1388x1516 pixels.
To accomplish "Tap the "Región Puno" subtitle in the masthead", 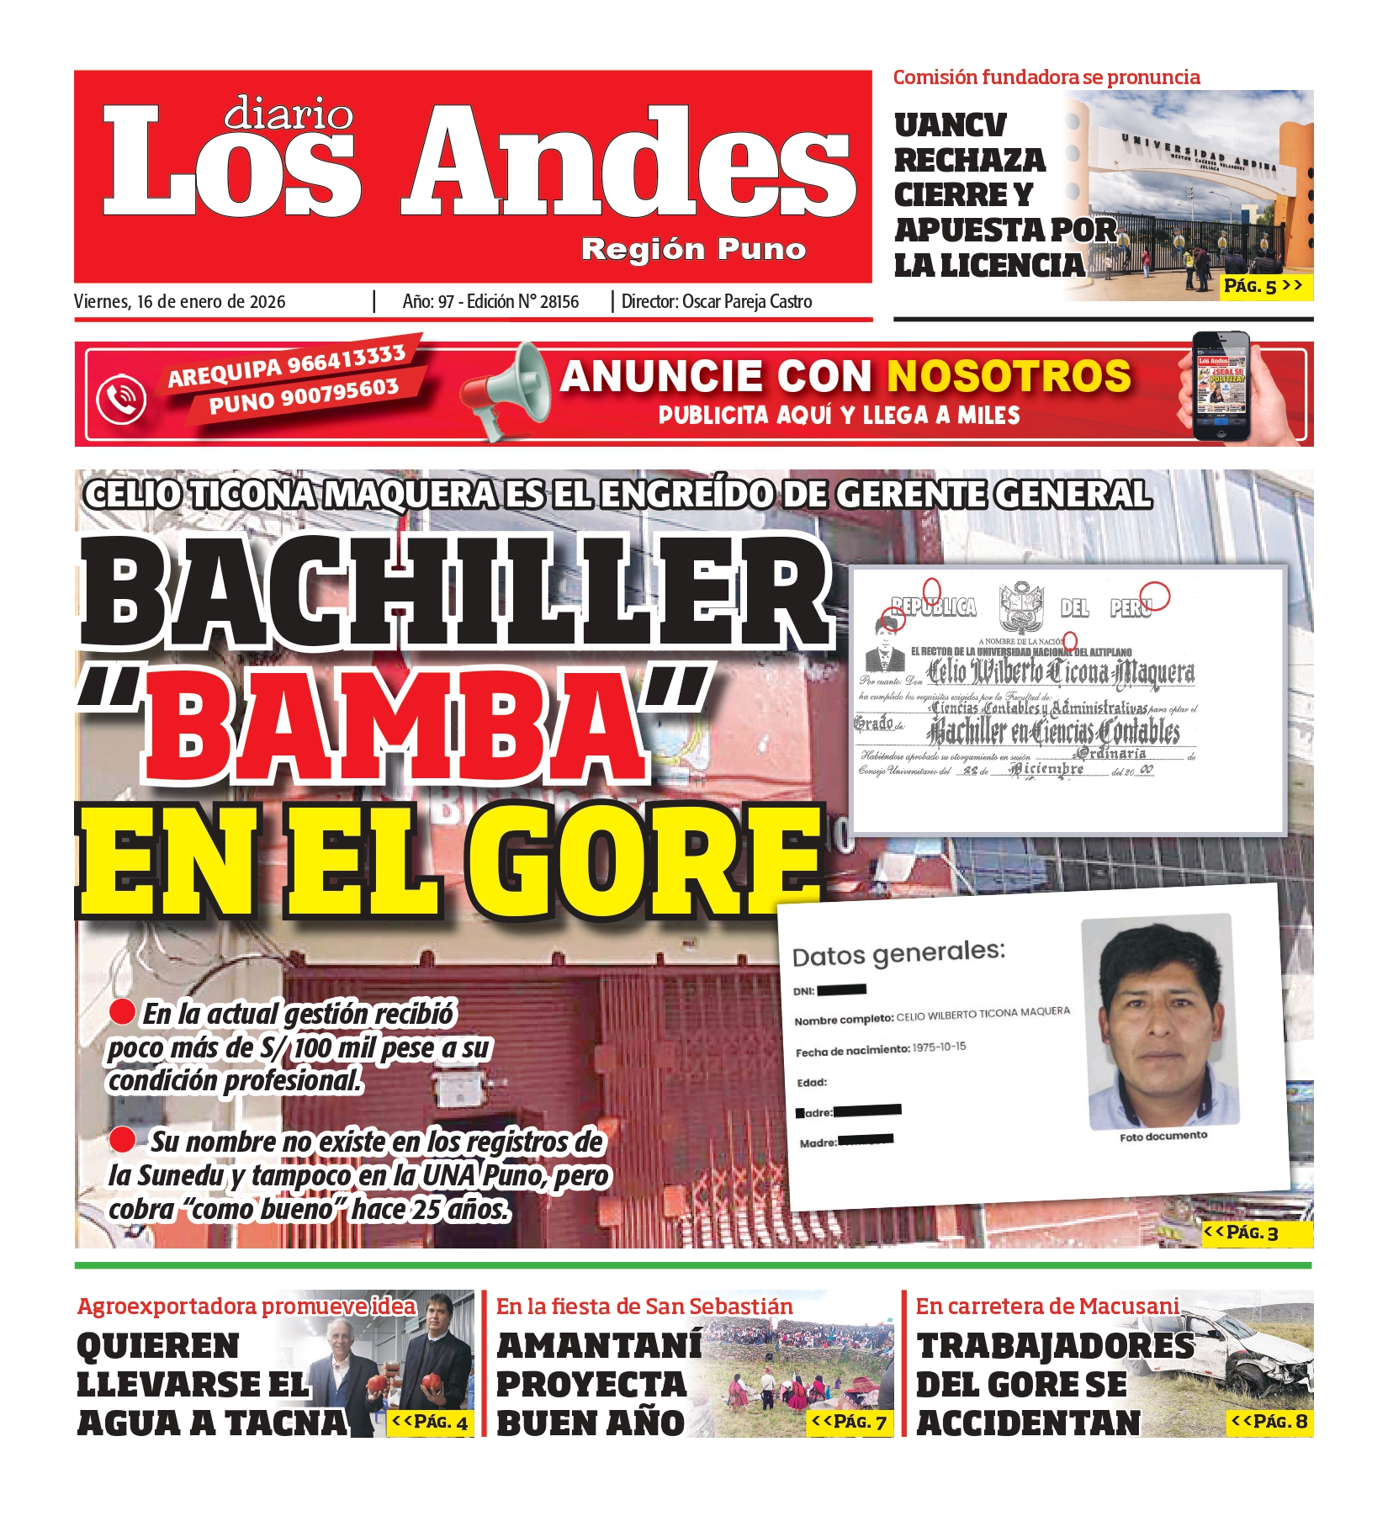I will (x=693, y=250).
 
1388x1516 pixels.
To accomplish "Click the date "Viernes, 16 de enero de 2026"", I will (x=179, y=302).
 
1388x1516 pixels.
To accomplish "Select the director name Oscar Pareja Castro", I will (x=747, y=302).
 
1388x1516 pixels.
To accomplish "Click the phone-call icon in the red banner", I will (x=121, y=397).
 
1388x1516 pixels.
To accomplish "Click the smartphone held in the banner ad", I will (x=1221, y=388).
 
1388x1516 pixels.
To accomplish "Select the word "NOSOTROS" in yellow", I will (x=1009, y=376).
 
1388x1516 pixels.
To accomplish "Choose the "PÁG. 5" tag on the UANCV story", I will (x=1263, y=286).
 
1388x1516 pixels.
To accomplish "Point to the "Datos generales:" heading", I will (x=898, y=954).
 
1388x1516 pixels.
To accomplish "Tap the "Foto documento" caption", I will (x=1163, y=1137).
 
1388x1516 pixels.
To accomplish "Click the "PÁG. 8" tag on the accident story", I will (x=1269, y=1421).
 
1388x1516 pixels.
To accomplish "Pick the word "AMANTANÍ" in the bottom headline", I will (x=598, y=1345).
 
